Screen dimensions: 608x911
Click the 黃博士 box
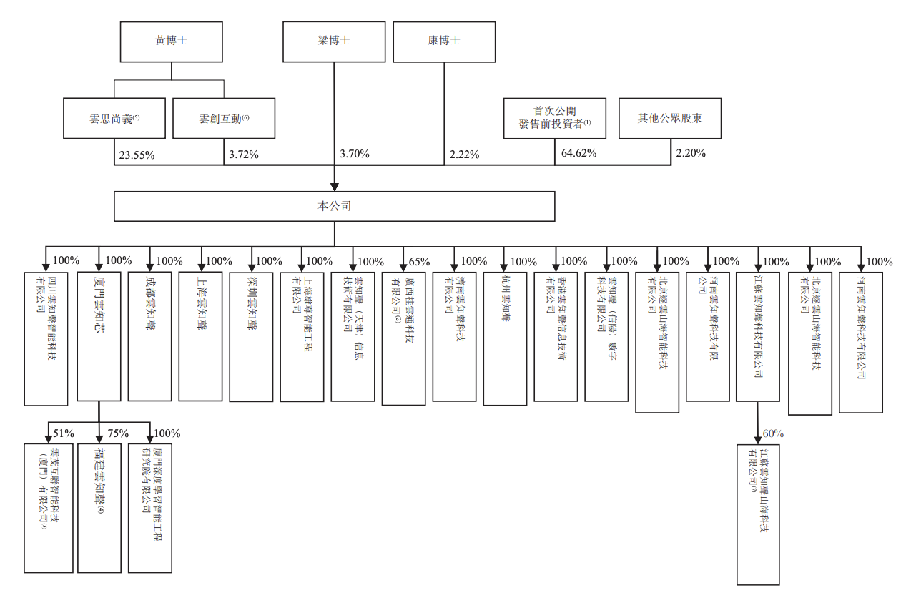coord(171,41)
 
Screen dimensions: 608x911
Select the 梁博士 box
coord(334,41)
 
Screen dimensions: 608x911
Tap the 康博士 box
coord(444,41)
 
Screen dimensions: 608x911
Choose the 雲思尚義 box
coord(114,117)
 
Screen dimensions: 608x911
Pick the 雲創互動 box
coord(224,117)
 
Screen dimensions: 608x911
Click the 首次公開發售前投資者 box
coord(555,117)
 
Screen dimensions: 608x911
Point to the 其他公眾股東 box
coord(670,117)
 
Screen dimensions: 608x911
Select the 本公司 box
coord(334,206)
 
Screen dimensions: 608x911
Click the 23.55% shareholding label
coord(135,155)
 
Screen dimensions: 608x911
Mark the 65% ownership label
coord(418,261)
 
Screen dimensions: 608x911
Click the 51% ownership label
coord(64,433)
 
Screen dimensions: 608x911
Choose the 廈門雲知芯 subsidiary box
coord(99,336)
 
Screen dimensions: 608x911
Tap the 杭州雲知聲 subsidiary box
coord(505,338)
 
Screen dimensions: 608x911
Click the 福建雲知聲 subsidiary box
coord(99,508)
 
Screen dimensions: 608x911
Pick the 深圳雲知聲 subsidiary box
coord(251,336)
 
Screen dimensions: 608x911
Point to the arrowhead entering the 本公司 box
coord(334,187)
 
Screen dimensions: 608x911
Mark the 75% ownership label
coord(117,433)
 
